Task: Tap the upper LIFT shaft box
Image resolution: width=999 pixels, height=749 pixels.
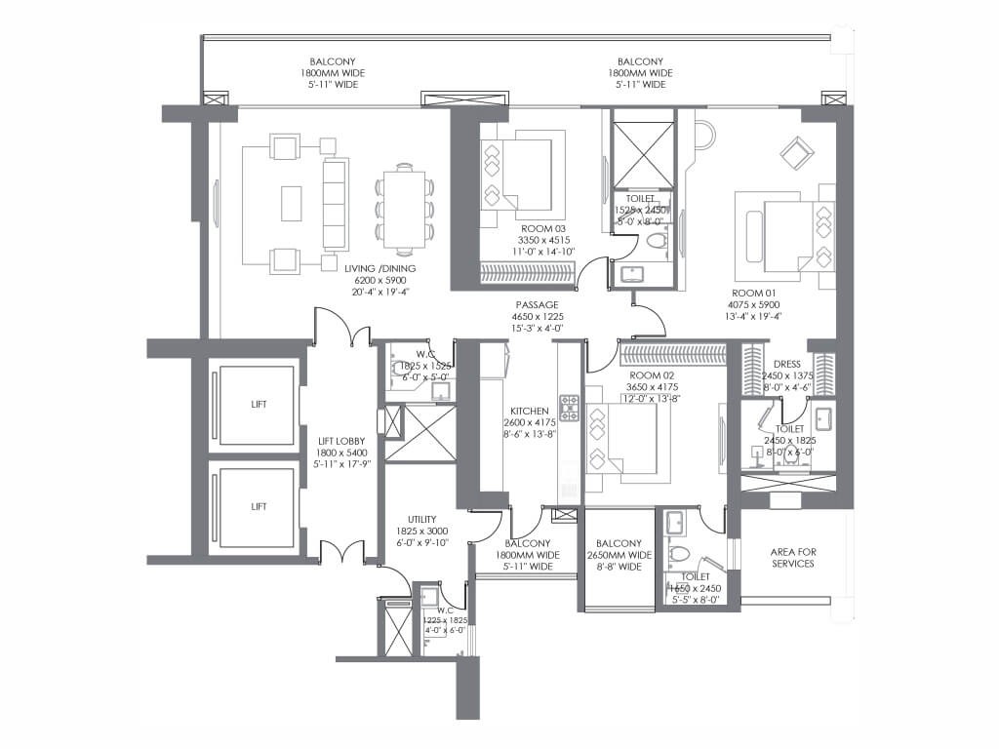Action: click(258, 404)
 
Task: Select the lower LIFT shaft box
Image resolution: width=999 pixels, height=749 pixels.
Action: click(258, 506)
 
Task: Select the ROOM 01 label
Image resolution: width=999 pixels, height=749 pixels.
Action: click(750, 292)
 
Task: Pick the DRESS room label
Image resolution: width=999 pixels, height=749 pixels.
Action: click(786, 365)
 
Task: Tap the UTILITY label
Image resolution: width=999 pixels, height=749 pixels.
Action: click(421, 520)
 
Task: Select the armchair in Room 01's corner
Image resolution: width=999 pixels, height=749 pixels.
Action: click(796, 153)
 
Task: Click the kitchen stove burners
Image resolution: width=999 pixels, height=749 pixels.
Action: click(569, 414)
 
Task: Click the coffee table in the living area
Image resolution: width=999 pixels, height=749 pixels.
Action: click(291, 203)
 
